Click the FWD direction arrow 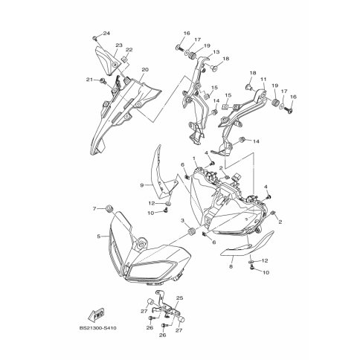[96, 315]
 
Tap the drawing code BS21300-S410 [97, 328]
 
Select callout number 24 [106, 33]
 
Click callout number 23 [119, 45]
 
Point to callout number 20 [145, 70]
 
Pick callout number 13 [216, 52]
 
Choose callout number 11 [263, 80]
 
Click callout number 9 [142, 185]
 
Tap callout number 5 [99, 237]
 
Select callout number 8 [231, 267]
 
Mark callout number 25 [179, 298]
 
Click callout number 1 [194, 158]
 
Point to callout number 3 [182, 220]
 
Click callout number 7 [94, 209]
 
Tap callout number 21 [89, 80]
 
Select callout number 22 [129, 50]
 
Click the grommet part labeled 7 [109, 208]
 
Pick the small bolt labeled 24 [94, 38]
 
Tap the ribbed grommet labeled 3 [192, 231]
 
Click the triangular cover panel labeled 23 [107, 61]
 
